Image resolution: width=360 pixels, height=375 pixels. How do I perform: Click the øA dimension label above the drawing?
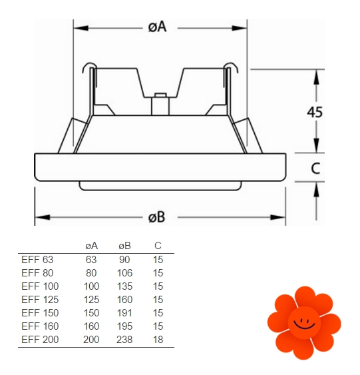157,27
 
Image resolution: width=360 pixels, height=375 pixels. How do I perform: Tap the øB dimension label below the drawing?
156,217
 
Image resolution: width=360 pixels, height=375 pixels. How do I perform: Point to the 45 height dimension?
315,112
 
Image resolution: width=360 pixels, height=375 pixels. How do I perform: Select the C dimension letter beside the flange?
315,168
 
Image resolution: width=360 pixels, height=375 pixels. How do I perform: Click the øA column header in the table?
91,246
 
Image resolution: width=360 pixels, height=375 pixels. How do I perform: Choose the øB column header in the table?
124,246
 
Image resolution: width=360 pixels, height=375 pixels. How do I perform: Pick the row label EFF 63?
37,260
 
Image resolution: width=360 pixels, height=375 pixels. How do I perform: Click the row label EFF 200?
40,340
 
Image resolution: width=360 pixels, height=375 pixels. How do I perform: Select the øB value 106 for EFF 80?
124,273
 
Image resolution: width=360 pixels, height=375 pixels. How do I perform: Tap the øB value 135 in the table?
124,286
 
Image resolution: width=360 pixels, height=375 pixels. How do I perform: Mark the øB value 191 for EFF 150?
124,313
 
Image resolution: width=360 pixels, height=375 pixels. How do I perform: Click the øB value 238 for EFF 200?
124,340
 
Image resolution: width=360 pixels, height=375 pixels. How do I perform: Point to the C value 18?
158,340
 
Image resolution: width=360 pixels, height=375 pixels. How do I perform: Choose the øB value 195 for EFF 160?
124,326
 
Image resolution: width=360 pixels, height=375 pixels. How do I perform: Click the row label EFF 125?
40,300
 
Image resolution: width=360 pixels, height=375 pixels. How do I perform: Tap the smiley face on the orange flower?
304,323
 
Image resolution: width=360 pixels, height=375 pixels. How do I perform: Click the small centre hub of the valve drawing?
160,105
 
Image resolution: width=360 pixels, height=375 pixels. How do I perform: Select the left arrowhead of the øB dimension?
43,217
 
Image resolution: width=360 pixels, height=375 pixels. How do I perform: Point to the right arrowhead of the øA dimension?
240,28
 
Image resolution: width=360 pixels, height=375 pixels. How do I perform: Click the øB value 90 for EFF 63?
124,260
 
